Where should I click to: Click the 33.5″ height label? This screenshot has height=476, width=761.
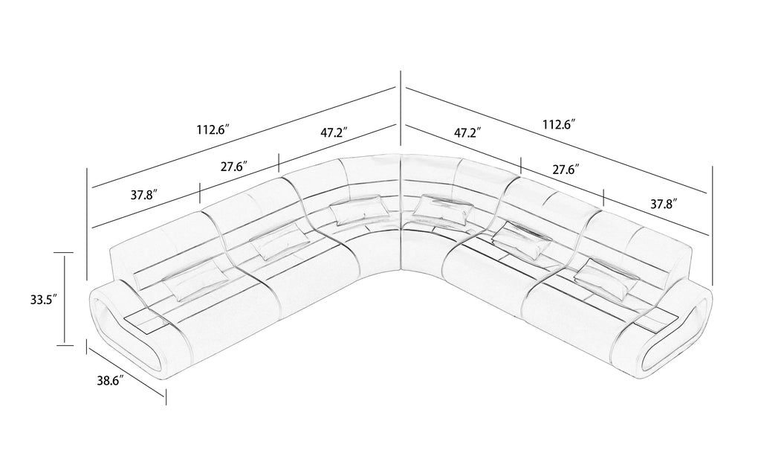click(x=44, y=300)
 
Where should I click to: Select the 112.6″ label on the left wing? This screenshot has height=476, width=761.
click(x=213, y=129)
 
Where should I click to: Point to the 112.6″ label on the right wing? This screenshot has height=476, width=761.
click(x=559, y=124)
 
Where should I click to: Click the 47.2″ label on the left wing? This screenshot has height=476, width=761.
click(x=334, y=132)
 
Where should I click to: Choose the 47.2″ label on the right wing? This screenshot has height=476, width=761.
click(x=468, y=132)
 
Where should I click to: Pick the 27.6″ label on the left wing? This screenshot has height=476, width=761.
click(x=235, y=167)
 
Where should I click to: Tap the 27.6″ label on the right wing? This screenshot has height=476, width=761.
click(x=566, y=170)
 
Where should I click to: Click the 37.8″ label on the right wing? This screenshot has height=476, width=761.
click(x=664, y=205)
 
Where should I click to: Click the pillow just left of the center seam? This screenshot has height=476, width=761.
click(x=360, y=209)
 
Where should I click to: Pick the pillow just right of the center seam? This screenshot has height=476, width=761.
click(x=444, y=208)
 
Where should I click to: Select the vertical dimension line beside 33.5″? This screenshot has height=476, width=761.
click(x=64, y=299)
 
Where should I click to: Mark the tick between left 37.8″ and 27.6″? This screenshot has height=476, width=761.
click(x=200, y=194)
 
